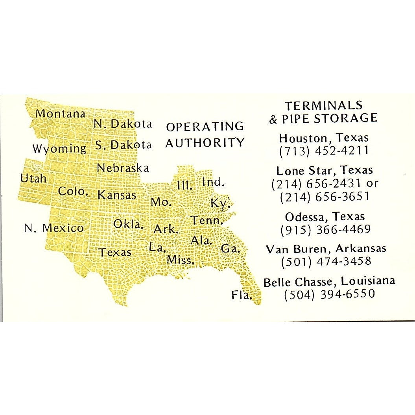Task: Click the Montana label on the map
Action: pyautogui.click(x=61, y=114)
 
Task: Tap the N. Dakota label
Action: pyautogui.click(x=123, y=124)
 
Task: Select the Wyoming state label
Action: pyautogui.click(x=59, y=149)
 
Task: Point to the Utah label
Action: pyautogui.click(x=33, y=178)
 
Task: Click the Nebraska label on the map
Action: pyautogui.click(x=123, y=168)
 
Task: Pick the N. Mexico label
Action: pyautogui.click(x=54, y=228)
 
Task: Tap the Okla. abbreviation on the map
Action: pyautogui.click(x=129, y=224)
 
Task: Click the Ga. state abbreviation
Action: pyautogui.click(x=231, y=248)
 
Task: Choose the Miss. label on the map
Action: pyautogui.click(x=181, y=260)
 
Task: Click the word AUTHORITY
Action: pyautogui.click(x=205, y=142)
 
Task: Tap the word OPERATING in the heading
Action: pyautogui.click(x=205, y=126)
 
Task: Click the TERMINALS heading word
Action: pyautogui.click(x=324, y=105)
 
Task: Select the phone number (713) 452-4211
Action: pyautogui.click(x=324, y=151)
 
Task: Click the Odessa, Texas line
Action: pyautogui.click(x=325, y=216)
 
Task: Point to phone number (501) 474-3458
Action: pyautogui.click(x=326, y=261)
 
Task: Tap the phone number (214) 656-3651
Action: pyautogui.click(x=325, y=196)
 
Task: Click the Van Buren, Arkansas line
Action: pyautogui.click(x=326, y=249)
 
